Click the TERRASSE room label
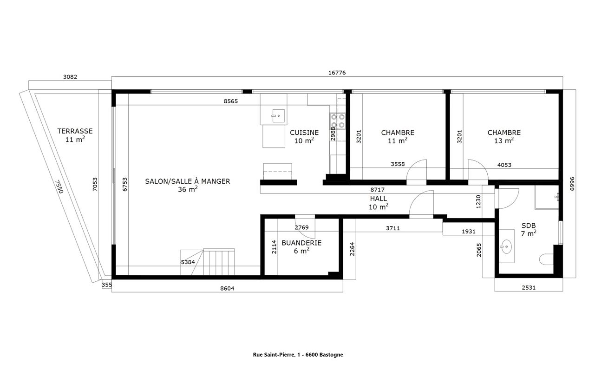[x=75, y=131]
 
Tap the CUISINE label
[x=304, y=133]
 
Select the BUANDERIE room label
[x=301, y=243]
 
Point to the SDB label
[x=528, y=226]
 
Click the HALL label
[x=378, y=199]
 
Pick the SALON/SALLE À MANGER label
[x=188, y=181]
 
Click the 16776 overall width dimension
[x=337, y=73]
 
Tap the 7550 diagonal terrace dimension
[x=59, y=186]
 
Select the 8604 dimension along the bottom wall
[x=227, y=288]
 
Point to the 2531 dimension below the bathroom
[x=529, y=287]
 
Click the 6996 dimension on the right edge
[x=572, y=184]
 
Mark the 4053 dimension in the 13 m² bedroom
[x=504, y=165]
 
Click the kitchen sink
[x=278, y=116]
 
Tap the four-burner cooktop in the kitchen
[x=338, y=121]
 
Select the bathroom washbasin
[x=507, y=246]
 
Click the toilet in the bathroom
[x=547, y=259]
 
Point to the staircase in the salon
[x=207, y=262]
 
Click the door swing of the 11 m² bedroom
[x=417, y=170]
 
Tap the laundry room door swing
[x=306, y=228]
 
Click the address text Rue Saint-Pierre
[x=273, y=355]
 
